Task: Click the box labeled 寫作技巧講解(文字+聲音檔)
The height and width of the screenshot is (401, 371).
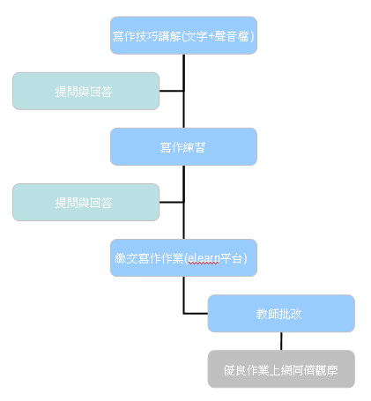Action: (x=183, y=35)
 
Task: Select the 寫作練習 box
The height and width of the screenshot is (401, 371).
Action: (x=183, y=146)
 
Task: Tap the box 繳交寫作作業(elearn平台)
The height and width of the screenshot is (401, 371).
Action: (x=183, y=257)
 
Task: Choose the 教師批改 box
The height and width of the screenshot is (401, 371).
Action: (x=281, y=314)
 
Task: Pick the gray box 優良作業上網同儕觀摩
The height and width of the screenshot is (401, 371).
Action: (x=281, y=369)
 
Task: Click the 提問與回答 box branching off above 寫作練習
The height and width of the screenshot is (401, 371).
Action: (x=86, y=91)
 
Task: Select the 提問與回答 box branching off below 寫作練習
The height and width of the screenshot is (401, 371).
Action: (x=86, y=202)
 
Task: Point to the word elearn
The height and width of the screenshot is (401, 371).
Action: (x=204, y=258)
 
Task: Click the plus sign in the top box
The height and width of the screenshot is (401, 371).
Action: (x=211, y=37)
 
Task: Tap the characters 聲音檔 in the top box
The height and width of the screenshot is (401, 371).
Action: (x=232, y=36)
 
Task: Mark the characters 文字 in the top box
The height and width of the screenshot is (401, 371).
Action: (x=197, y=36)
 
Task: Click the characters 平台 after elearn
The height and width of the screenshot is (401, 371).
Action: (x=231, y=258)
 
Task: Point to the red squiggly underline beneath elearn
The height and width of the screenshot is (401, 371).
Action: (x=204, y=264)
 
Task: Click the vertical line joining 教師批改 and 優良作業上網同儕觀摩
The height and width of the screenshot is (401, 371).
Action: (x=281, y=341)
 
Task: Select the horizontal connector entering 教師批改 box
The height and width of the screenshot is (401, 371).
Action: (x=196, y=314)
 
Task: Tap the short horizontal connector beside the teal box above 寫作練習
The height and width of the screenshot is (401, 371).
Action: (x=172, y=91)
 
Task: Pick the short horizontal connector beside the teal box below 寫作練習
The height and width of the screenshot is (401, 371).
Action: (x=172, y=202)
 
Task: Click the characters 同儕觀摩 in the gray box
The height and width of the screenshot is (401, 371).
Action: (x=315, y=370)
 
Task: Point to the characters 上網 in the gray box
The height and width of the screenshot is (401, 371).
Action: (x=281, y=370)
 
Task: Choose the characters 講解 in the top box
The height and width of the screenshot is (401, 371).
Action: (x=170, y=36)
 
